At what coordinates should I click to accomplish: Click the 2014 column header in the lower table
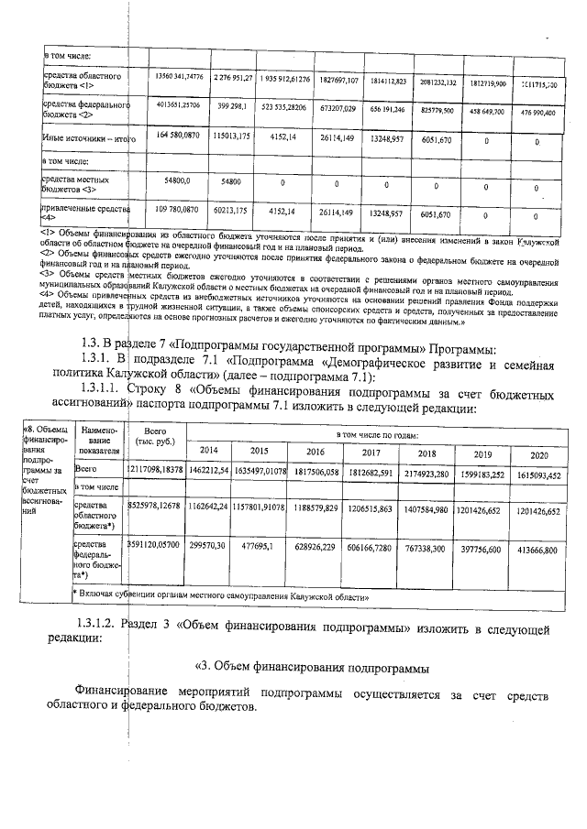point(210,451)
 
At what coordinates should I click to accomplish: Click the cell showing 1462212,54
point(210,471)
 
